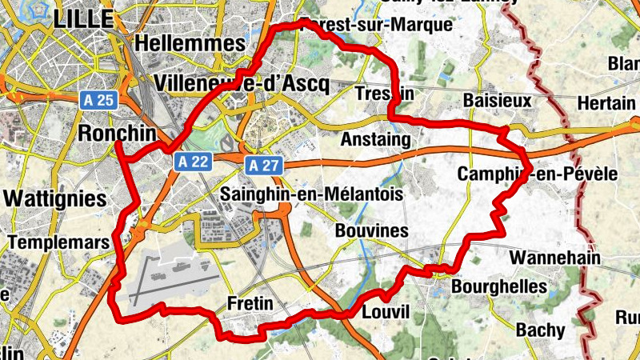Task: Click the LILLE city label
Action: (83, 18)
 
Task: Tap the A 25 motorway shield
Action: (98, 100)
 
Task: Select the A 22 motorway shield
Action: (194, 162)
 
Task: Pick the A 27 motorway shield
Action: (264, 166)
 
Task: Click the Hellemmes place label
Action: (190, 42)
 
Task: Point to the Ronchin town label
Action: (117, 132)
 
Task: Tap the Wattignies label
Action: (54, 198)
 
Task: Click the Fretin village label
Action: (250, 304)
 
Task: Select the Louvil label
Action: (386, 311)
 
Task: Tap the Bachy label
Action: (540, 330)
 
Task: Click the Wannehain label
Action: (551, 258)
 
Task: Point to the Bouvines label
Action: (372, 231)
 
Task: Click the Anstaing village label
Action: (375, 140)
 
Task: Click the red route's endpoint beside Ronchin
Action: (118, 144)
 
